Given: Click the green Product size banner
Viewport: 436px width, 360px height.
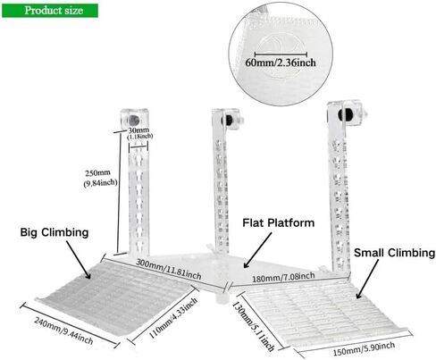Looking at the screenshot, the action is tap(50, 11).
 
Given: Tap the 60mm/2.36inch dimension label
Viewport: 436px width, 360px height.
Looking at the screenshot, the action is tap(281, 63).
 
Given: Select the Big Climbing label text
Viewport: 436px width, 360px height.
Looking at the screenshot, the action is tap(54, 232).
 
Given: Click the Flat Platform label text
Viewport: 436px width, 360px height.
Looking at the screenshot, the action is tap(279, 222).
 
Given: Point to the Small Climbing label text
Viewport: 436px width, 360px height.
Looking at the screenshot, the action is tap(394, 253).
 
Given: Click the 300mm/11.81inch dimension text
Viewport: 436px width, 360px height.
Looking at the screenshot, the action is tap(169, 269).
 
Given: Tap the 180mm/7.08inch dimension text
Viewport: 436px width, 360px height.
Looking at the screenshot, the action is tap(283, 277).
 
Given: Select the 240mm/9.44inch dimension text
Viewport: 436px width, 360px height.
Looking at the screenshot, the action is tap(63, 331).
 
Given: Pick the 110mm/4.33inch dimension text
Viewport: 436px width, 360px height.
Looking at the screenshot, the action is tap(173, 318).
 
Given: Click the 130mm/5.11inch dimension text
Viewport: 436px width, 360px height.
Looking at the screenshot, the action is tap(253, 326).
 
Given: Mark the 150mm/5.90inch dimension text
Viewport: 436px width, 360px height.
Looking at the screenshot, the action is tap(364, 349).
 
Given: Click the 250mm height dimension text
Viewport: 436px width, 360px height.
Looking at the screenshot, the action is tap(100, 178).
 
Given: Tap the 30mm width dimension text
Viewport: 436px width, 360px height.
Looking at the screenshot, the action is tap(139, 133).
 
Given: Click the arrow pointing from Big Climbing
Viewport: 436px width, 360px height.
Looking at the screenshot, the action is tap(79, 260).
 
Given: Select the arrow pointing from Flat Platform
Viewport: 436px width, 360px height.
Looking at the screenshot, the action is tap(257, 250).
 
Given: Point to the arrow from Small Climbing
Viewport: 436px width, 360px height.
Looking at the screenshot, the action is tap(367, 279).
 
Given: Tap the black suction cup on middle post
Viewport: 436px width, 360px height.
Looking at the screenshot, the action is tap(228, 120).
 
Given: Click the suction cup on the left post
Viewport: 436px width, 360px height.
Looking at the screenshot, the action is tap(134, 120).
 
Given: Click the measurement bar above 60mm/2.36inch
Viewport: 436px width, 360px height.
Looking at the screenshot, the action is tap(281, 54).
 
